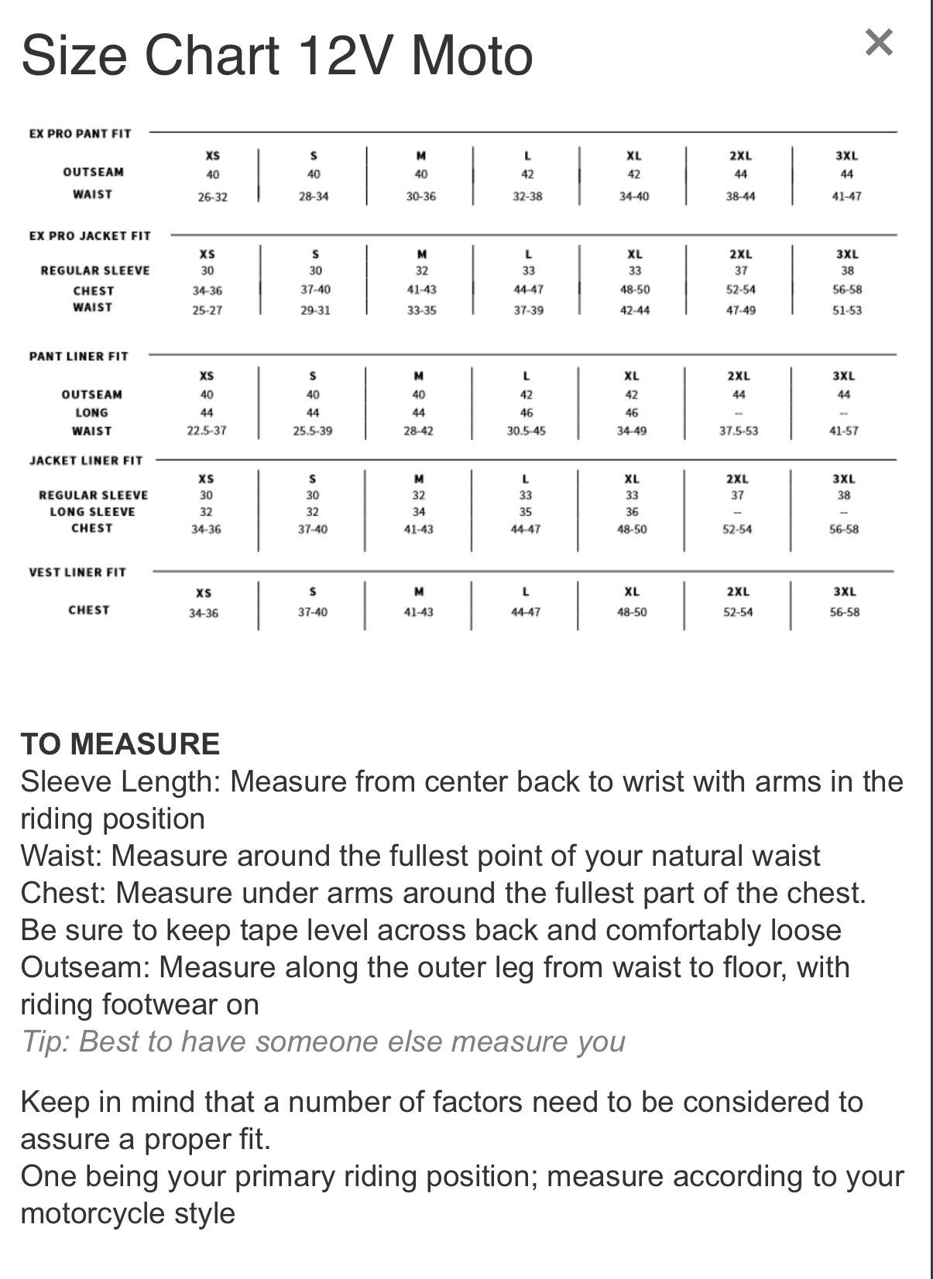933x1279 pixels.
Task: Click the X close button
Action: point(878,43)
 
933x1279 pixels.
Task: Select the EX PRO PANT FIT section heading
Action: point(80,133)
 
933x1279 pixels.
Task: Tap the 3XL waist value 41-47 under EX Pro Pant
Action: point(846,197)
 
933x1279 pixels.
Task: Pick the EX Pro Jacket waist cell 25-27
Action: point(208,310)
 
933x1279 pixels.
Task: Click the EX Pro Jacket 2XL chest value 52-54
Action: point(740,290)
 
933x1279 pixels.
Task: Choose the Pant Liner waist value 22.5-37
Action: point(207,431)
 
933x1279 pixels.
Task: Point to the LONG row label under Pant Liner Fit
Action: point(91,413)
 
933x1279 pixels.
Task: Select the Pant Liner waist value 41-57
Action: point(843,431)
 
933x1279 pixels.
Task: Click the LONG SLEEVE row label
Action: point(92,512)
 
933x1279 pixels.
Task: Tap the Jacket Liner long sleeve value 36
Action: point(632,512)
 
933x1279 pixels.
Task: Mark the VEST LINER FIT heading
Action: point(77,573)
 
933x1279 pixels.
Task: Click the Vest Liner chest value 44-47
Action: point(526,612)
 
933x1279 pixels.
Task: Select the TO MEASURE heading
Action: point(120,744)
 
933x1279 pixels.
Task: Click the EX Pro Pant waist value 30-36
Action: point(420,197)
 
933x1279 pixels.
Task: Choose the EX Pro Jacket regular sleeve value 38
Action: point(847,271)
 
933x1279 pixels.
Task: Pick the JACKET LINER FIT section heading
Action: point(86,460)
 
